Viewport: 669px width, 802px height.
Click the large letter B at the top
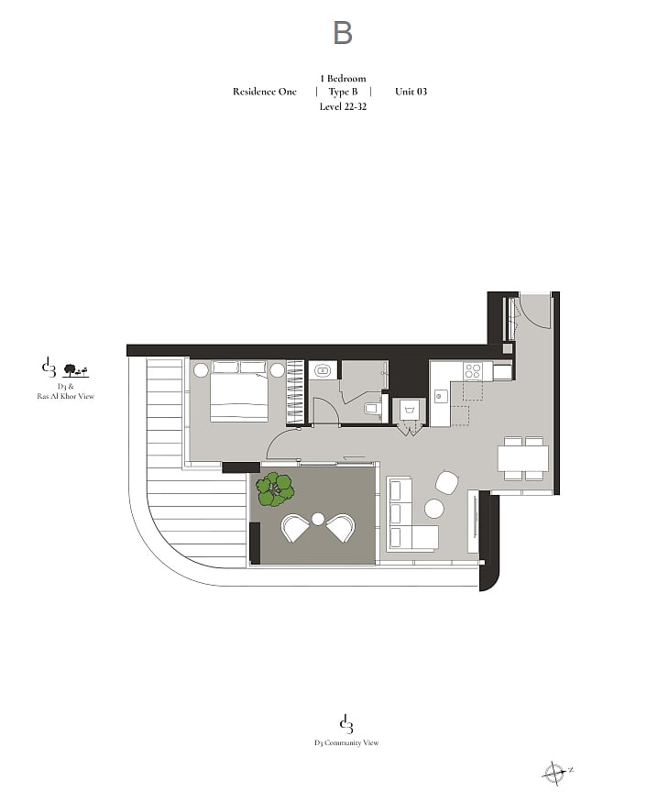point(343,33)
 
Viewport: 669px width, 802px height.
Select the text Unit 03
point(411,92)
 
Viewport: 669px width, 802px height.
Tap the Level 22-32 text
point(343,106)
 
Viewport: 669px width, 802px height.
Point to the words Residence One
point(265,92)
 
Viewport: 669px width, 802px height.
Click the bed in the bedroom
point(240,391)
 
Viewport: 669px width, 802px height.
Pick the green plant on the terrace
point(275,489)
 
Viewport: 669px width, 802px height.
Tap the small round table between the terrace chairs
point(318,519)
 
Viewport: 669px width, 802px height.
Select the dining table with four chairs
point(523,458)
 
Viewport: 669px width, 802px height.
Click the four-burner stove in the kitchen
point(472,370)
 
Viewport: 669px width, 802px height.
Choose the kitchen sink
point(440,396)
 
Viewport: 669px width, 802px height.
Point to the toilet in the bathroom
point(371,409)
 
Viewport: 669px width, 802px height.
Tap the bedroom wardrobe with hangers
point(295,391)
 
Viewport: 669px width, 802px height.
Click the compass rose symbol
point(555,772)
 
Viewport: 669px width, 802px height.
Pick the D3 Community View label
point(346,742)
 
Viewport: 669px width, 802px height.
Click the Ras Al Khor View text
point(65,396)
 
